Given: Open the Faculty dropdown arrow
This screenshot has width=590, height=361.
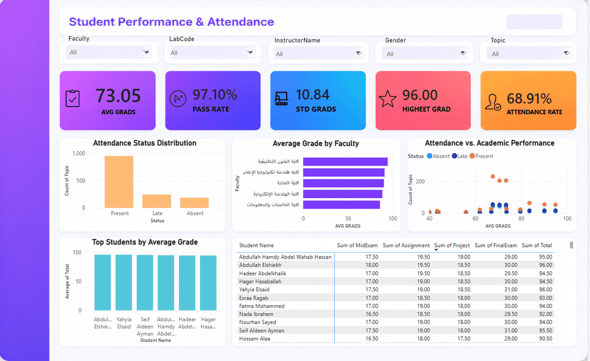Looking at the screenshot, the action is click(x=146, y=52).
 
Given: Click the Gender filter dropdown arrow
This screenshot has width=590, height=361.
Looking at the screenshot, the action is click(x=463, y=53).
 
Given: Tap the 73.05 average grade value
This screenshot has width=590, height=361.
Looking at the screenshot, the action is click(x=118, y=96).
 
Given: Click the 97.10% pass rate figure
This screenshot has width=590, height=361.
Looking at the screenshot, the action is click(x=215, y=95).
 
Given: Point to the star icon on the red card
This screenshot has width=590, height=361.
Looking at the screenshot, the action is click(x=388, y=99).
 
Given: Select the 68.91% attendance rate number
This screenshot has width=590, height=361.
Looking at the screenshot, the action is click(x=529, y=98).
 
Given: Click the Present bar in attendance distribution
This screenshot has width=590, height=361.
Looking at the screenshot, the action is click(x=119, y=182).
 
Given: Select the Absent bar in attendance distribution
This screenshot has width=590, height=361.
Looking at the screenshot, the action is click(x=194, y=203).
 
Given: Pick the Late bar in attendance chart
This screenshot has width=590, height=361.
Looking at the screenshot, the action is click(x=157, y=201).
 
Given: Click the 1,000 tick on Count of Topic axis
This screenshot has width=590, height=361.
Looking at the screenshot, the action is click(x=78, y=153).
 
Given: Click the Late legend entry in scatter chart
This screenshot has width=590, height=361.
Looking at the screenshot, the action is click(x=459, y=156).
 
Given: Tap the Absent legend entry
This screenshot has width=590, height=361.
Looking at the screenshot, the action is click(x=438, y=156).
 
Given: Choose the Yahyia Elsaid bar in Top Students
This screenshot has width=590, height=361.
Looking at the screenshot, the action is click(x=124, y=282).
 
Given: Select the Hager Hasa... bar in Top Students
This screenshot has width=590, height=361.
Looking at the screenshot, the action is click(x=208, y=283).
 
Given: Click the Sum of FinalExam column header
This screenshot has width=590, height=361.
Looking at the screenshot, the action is click(x=496, y=245).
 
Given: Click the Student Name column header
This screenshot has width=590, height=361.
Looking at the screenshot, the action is click(x=256, y=245).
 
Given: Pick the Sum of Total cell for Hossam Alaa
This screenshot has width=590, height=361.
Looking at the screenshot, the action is click(x=546, y=339).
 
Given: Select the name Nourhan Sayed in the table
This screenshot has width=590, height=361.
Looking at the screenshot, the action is click(x=258, y=322).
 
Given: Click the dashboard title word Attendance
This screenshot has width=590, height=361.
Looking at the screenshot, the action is click(x=240, y=22).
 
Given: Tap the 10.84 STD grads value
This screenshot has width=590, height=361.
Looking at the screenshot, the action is click(x=313, y=95).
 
